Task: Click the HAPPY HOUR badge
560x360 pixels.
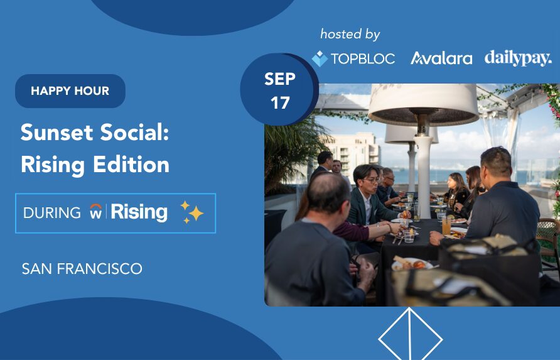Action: tap(70, 91)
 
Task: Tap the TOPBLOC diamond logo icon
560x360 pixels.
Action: tap(320, 58)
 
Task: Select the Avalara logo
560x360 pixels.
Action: tap(441, 58)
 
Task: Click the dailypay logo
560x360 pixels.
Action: tap(518, 58)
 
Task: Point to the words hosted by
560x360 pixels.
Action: tap(350, 35)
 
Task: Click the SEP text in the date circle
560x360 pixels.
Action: tap(280, 79)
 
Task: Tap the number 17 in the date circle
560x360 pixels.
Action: tap(280, 103)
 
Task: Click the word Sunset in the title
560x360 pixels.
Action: tap(57, 133)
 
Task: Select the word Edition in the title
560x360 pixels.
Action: tap(131, 165)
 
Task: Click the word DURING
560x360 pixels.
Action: tap(52, 213)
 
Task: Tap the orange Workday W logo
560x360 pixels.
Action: tap(95, 211)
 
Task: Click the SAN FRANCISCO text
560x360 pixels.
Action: tap(82, 269)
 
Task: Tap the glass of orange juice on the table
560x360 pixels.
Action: tap(446, 227)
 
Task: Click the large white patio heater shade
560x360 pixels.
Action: tap(423, 104)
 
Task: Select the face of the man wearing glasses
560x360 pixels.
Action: tap(370, 181)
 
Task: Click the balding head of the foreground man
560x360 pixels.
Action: tap(328, 192)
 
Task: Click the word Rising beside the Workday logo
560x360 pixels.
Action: tap(139, 212)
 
